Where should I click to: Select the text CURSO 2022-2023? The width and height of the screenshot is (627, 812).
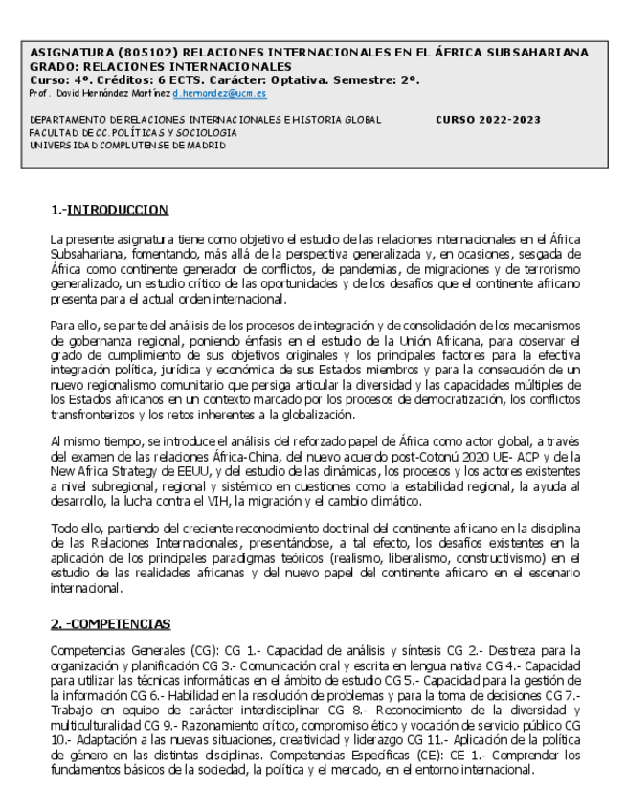click(487, 120)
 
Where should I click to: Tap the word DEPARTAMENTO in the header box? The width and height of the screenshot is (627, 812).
click(67, 120)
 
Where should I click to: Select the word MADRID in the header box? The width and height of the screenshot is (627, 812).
click(203, 146)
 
